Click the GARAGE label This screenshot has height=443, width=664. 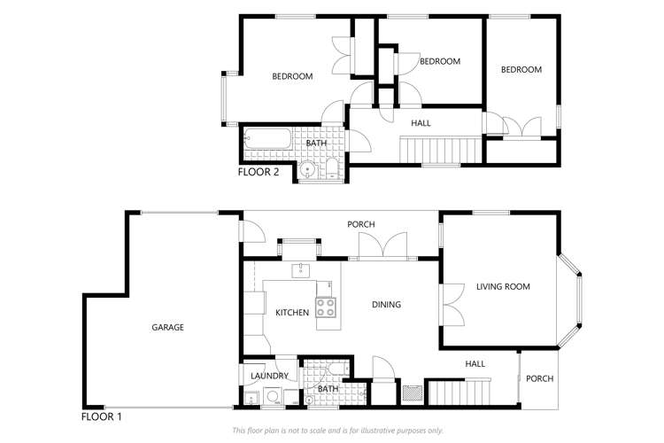tap(167, 327)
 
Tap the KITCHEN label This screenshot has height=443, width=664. tap(292, 313)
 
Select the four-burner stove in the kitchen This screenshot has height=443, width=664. tap(326, 308)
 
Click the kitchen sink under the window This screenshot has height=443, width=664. tap(299, 269)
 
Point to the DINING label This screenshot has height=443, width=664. tap(386, 305)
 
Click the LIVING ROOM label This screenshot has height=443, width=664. tap(502, 286)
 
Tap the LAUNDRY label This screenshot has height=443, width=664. tap(267, 376)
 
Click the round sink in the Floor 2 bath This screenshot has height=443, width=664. tap(307, 169)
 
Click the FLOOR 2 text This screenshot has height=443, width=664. tap(259, 173)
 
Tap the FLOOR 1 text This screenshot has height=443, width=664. tap(101, 416)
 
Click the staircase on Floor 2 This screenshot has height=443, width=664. tap(439, 150)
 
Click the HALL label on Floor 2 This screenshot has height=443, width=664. tap(421, 123)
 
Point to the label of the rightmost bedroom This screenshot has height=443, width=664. tap(521, 70)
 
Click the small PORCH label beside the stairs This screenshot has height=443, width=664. tap(539, 378)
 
